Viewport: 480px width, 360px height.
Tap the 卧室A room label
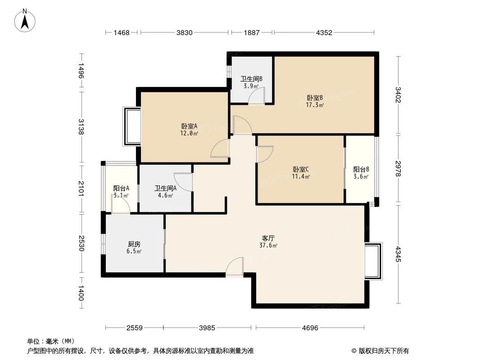(189, 130)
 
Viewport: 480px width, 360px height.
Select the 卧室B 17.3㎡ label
(315, 101)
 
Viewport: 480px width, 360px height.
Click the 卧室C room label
(301, 173)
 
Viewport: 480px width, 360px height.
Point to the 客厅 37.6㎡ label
(269, 242)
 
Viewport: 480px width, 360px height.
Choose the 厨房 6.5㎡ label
(134, 247)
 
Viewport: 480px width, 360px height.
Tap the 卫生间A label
(165, 192)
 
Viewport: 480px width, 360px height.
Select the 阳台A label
(121, 192)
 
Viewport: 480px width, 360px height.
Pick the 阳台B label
(361, 173)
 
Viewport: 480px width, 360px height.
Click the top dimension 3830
(185, 32)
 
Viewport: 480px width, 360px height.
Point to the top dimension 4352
(324, 32)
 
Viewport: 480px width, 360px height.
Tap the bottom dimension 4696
(310, 328)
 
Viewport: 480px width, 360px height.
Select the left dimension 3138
(81, 127)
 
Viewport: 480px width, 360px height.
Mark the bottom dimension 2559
(134, 328)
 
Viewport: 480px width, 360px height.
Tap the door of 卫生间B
(257, 96)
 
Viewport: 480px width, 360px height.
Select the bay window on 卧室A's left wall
(132, 126)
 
